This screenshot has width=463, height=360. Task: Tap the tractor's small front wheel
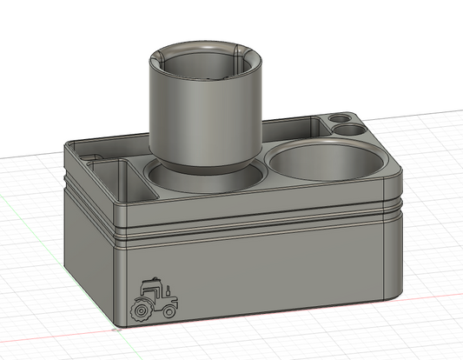coord(171,311)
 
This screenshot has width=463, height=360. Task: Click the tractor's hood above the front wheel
coord(170,299)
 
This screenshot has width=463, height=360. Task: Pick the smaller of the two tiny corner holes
coord(337,118)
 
